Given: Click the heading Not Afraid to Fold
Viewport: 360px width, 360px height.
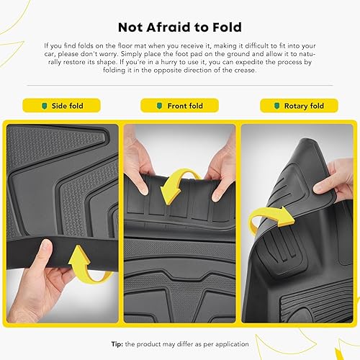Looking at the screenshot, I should tap(179, 27).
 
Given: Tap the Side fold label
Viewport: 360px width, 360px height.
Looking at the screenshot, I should tap(66, 106).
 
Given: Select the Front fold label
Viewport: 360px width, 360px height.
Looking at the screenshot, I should tap(184, 106).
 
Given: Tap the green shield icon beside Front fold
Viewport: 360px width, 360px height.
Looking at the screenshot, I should tap(161, 106).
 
